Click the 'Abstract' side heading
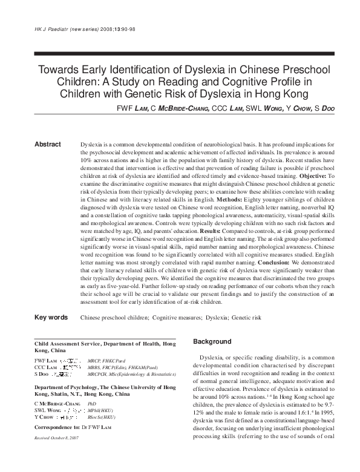coord(48,145)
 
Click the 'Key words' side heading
coord(51,317)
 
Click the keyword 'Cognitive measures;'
coord(177,317)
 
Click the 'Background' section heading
coord(212,342)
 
